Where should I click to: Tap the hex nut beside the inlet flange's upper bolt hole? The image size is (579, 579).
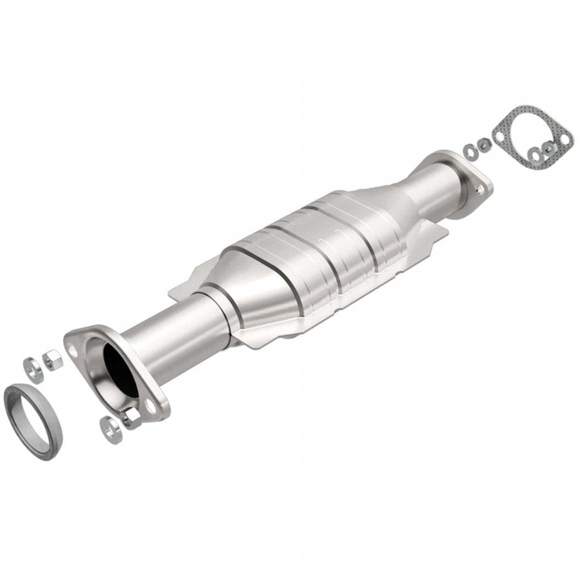[x=52, y=360]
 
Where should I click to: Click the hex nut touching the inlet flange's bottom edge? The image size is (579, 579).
[x=131, y=418]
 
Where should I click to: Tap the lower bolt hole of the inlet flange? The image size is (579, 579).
[x=149, y=405]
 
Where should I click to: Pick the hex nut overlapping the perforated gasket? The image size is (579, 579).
[x=548, y=148]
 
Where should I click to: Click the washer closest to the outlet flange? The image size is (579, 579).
[x=470, y=151]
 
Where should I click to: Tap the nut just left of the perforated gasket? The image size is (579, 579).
[x=483, y=145]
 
